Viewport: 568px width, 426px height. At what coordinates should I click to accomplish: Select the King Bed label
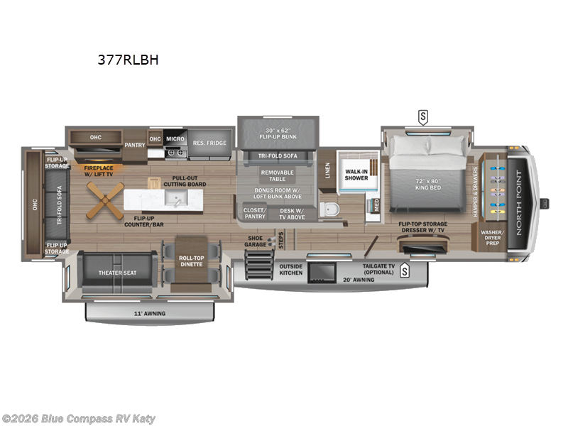[x=428, y=184]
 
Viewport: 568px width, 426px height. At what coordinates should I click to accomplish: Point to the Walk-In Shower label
[x=356, y=174]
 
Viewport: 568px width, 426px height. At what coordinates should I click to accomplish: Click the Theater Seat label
[x=117, y=272]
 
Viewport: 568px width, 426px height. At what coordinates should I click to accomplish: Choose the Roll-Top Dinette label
[x=190, y=261]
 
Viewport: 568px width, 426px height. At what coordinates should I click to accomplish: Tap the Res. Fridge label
[x=209, y=143]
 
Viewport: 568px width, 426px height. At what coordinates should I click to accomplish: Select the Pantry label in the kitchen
[x=135, y=144]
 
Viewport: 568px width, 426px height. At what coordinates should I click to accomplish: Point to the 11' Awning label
[x=150, y=312]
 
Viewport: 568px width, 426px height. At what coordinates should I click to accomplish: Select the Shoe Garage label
[x=256, y=241]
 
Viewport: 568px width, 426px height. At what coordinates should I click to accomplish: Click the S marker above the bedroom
[x=423, y=116]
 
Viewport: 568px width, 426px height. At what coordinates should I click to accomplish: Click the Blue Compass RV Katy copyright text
[x=78, y=419]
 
